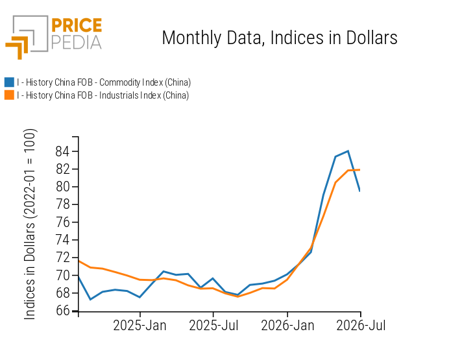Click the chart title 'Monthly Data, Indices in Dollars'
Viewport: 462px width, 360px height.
coord(280,38)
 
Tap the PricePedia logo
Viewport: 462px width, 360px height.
coord(54,37)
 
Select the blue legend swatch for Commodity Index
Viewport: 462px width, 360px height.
coord(9,82)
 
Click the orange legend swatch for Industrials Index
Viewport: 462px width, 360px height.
coord(9,95)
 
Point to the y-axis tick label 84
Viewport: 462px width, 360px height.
coord(62,151)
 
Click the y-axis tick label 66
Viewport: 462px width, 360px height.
coord(62,311)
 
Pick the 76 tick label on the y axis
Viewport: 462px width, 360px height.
coord(62,222)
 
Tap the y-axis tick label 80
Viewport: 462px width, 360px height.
coord(62,187)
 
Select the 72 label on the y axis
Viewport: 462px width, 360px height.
coord(62,258)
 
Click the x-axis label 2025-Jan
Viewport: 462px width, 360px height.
coord(140,326)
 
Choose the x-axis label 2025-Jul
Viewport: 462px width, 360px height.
coord(213,326)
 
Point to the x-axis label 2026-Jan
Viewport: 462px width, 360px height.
coord(287,326)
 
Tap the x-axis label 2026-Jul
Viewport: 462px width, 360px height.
coord(361,326)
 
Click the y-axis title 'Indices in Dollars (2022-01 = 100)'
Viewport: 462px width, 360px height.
coord(29,224)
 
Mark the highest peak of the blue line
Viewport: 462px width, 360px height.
coord(348,151)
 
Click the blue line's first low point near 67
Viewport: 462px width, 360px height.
coord(90,299)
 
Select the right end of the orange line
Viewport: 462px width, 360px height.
coord(359,170)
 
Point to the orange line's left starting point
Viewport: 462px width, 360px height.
coord(79,261)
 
